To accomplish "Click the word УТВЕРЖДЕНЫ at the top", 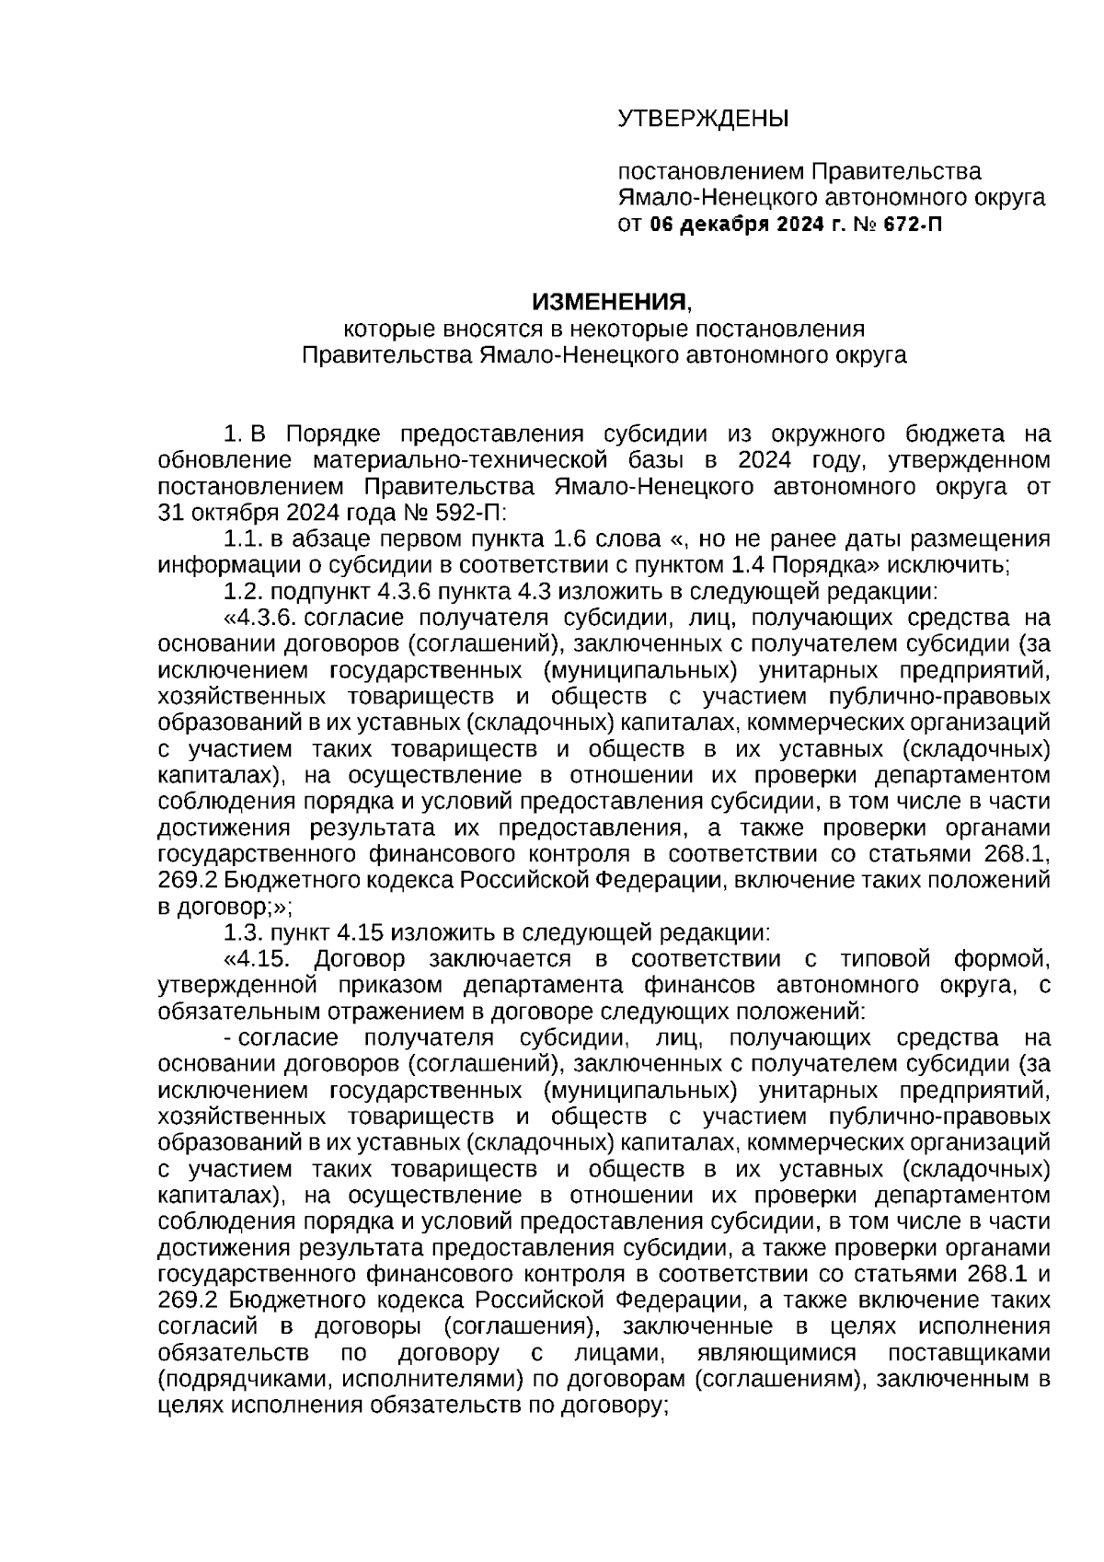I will point(703,119).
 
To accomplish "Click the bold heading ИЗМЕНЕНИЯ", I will point(609,302).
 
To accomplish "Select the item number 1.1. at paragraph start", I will point(246,538).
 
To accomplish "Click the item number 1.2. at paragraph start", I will point(246,591).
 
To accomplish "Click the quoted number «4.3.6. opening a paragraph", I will point(263,617).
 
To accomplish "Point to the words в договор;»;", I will point(226,906).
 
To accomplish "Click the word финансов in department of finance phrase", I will point(707,985).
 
